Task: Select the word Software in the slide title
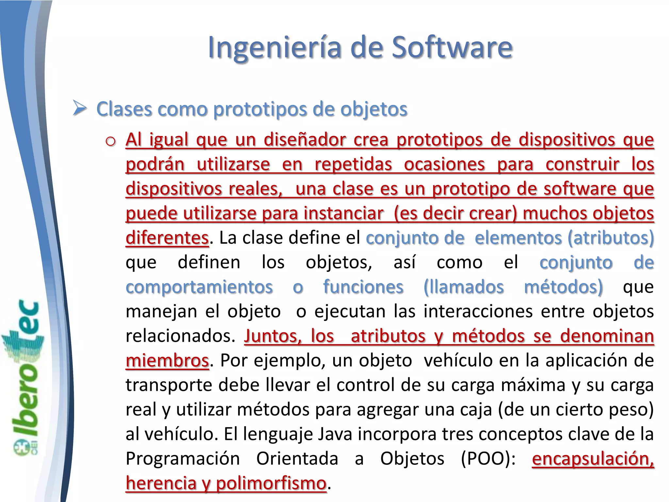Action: click(x=452, y=48)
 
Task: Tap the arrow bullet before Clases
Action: click(x=79, y=109)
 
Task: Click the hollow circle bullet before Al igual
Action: click(x=111, y=141)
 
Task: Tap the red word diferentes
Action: click(x=167, y=238)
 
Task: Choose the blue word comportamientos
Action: click(x=199, y=287)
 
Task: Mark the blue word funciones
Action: click(x=363, y=287)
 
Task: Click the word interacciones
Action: click(x=478, y=311)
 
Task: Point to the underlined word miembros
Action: click(x=167, y=361)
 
